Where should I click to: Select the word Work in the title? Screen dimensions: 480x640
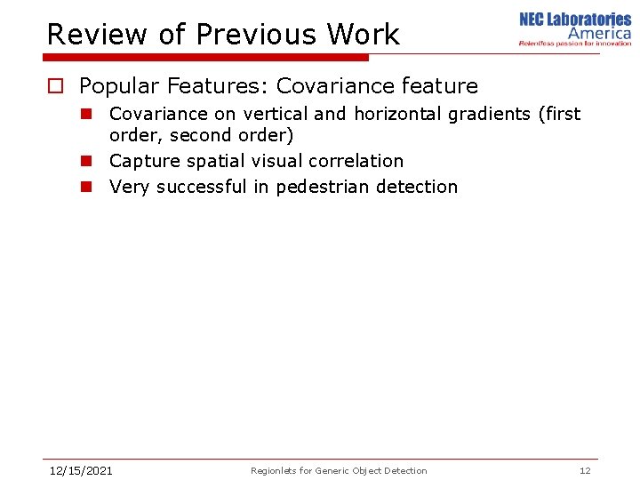364,35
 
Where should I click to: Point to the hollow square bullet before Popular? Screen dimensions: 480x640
55,86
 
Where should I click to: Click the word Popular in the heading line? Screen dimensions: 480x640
117,86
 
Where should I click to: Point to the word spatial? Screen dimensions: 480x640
216,161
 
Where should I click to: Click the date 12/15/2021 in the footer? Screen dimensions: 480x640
80,470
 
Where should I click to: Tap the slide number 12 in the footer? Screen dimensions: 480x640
585,470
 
